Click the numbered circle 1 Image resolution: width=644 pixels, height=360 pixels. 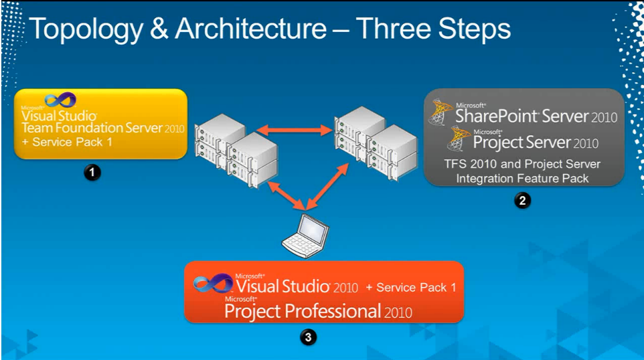(x=92, y=172)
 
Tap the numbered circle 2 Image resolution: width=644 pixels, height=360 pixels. (x=522, y=201)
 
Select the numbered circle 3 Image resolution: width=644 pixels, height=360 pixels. (x=308, y=337)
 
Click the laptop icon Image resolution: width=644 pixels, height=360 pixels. (x=305, y=236)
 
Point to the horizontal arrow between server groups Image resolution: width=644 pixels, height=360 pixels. (x=295, y=130)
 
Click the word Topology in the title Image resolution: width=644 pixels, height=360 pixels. (x=86, y=29)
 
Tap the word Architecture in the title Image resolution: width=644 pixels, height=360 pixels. (x=251, y=29)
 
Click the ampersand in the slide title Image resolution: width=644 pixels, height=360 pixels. (x=159, y=29)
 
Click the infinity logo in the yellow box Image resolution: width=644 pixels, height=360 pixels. (x=60, y=100)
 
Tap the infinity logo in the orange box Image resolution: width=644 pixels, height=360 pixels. (x=213, y=283)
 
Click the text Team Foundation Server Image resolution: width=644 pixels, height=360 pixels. (x=92, y=128)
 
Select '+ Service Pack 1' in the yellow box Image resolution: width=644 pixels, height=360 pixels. (x=67, y=143)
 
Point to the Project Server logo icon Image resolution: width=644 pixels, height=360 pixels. (x=459, y=139)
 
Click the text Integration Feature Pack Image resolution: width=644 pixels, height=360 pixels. (x=522, y=179)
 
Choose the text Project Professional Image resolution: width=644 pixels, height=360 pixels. (x=303, y=312)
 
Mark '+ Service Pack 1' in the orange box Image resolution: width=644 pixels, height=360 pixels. (x=411, y=287)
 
